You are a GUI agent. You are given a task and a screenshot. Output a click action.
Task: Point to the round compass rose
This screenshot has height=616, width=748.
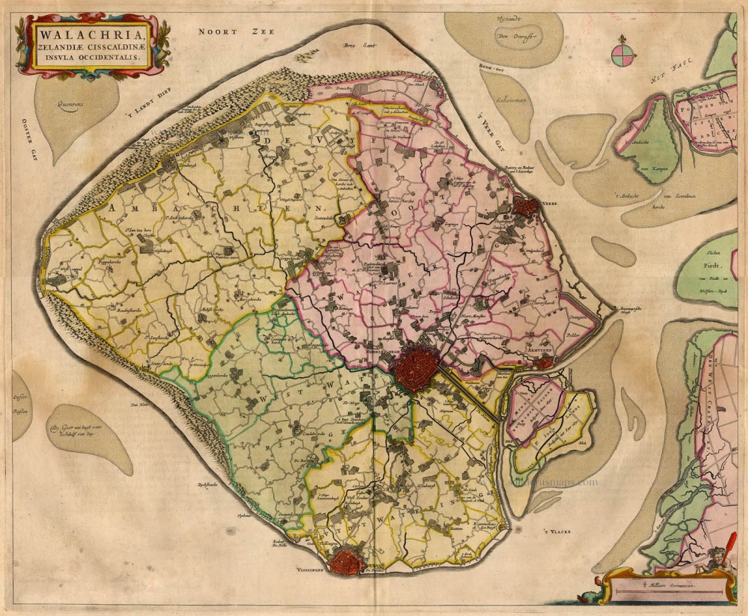[x=622, y=53]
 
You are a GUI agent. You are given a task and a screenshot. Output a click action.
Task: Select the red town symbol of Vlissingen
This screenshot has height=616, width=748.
[x=347, y=560]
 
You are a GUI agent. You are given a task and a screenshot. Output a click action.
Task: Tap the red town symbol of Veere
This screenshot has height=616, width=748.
[x=526, y=207]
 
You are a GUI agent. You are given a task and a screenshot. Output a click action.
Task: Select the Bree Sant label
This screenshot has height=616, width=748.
[x=358, y=46]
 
